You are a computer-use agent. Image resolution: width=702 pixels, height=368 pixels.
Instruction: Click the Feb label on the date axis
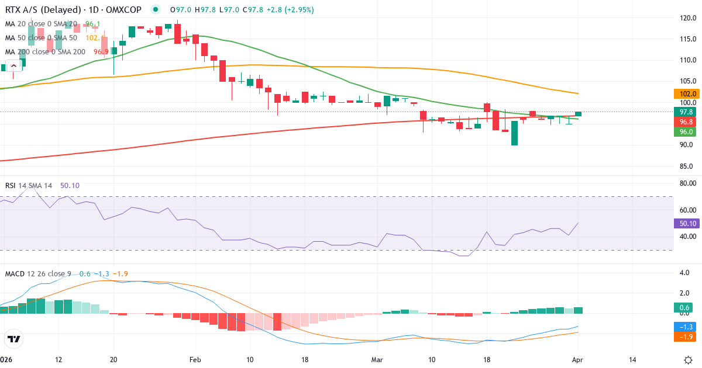pyautogui.click(x=195, y=359)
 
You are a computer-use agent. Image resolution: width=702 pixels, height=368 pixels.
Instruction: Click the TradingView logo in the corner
pyautogui.click(x=14, y=339)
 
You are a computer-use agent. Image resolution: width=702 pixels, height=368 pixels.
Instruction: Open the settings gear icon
pyautogui.click(x=689, y=359)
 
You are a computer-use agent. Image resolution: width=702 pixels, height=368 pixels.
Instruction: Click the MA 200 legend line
pyautogui.click(x=46, y=51)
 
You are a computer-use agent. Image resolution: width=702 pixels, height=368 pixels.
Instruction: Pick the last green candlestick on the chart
pyautogui.click(x=578, y=113)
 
